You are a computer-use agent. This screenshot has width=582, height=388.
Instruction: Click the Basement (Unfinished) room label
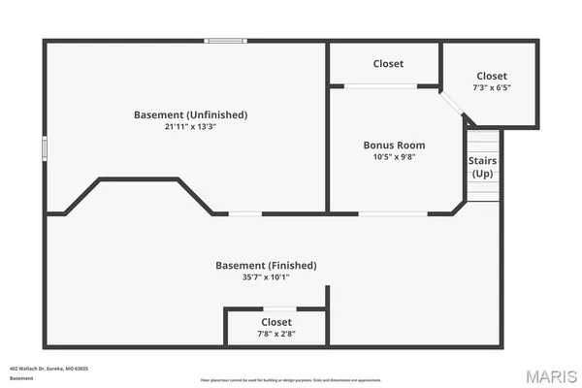[x=190, y=114]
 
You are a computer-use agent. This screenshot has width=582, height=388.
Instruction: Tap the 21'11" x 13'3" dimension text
[x=190, y=127]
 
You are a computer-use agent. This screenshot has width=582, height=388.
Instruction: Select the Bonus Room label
[x=394, y=145]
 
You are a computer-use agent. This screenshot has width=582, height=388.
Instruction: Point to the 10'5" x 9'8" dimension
[x=394, y=157]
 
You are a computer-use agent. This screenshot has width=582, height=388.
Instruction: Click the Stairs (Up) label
[x=483, y=166]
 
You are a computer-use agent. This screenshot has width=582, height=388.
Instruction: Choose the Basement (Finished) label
[x=266, y=265]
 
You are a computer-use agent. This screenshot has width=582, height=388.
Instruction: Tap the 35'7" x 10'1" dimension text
[x=266, y=277]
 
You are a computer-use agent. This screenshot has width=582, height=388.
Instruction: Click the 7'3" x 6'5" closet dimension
[x=491, y=87]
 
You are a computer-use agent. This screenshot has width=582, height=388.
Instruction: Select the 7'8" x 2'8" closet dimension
[x=276, y=334]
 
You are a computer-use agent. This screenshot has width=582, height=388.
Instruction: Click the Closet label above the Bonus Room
[x=388, y=64]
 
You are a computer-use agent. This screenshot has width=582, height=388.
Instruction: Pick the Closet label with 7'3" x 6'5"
[x=491, y=76]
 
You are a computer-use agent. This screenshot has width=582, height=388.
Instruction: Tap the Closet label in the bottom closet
[x=276, y=322]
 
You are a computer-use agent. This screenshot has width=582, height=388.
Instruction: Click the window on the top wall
[x=224, y=41]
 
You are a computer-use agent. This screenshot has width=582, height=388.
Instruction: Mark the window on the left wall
[x=44, y=150]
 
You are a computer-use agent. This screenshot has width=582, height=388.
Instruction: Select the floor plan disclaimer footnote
[x=291, y=379]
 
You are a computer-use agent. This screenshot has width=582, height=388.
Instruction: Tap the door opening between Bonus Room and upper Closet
[x=379, y=86]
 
